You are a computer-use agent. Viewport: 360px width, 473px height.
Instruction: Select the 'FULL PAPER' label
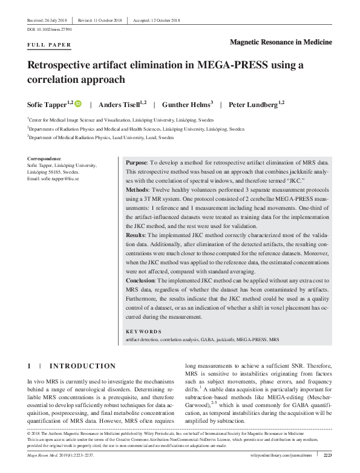point(50,45)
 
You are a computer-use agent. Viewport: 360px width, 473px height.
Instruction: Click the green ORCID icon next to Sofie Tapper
point(79,104)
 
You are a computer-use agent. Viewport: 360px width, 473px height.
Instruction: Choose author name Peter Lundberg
point(254,105)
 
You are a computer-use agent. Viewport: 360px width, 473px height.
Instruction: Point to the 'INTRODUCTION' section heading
point(82,367)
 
